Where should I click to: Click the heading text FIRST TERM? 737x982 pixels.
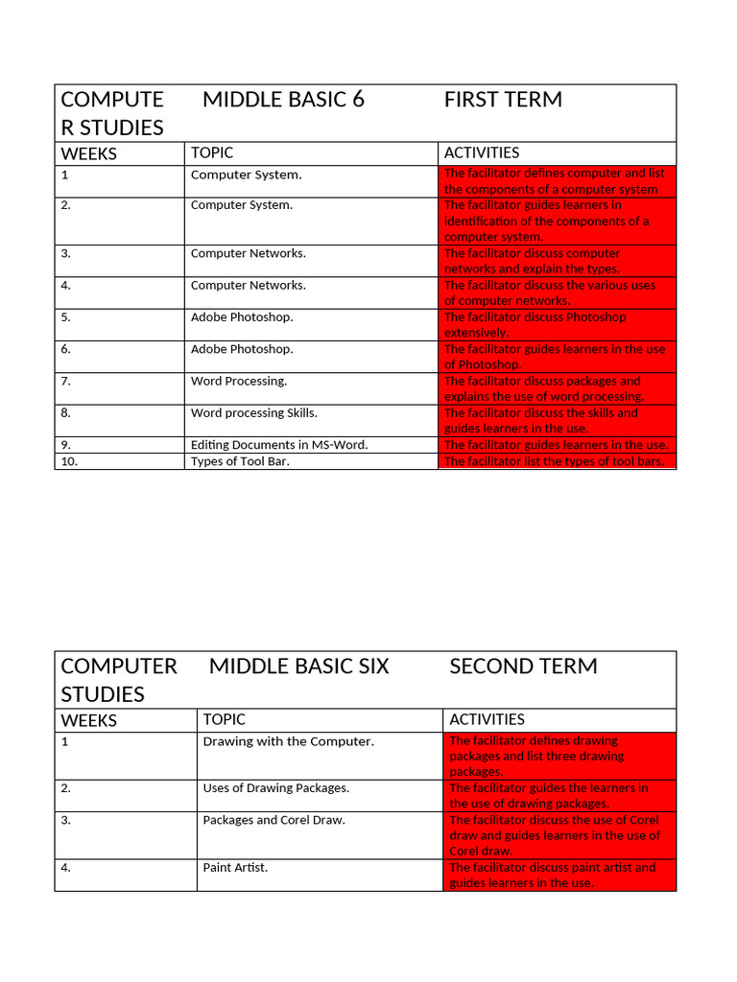tap(503, 100)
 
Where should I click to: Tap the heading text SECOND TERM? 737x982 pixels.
tap(523, 666)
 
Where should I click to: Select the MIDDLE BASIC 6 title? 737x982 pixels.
tap(283, 100)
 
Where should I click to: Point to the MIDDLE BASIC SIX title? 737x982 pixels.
tap(298, 666)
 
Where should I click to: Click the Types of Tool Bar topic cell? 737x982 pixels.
tap(240, 461)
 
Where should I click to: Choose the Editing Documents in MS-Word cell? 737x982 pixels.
tap(279, 445)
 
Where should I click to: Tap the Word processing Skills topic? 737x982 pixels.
tap(253, 413)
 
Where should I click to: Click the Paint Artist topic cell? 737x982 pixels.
tap(235, 868)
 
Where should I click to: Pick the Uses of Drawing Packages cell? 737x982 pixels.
tap(275, 788)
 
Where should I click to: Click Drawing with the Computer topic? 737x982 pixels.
tap(288, 741)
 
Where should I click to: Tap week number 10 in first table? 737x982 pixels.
tap(69, 461)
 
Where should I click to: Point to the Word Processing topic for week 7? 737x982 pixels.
tap(239, 382)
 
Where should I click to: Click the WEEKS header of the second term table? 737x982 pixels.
tap(89, 720)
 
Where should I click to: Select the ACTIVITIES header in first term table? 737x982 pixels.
tap(482, 152)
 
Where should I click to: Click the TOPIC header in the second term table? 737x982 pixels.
tap(224, 719)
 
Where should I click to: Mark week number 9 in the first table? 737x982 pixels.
tap(65, 445)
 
